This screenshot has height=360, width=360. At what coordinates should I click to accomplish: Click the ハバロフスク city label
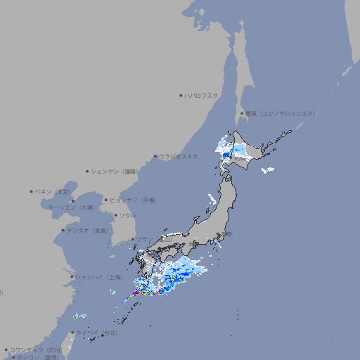point(202,96)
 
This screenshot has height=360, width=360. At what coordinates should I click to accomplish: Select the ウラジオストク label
point(179,156)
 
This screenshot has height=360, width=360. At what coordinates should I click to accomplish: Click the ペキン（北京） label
point(54,191)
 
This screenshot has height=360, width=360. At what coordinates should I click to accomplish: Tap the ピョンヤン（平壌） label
point(133,200)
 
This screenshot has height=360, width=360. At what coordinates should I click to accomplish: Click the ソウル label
point(127,215)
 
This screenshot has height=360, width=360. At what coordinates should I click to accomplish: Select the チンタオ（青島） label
point(88,230)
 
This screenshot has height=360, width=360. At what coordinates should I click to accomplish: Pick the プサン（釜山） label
point(154,239)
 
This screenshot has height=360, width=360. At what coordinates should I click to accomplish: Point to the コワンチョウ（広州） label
point(35,349)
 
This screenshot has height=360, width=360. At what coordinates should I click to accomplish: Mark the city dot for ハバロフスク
point(181,96)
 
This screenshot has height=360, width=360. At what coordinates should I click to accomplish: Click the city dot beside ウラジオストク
point(155,156)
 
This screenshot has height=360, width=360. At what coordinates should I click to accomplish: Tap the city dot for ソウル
point(115,215)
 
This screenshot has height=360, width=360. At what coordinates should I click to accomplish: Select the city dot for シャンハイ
point(72,277)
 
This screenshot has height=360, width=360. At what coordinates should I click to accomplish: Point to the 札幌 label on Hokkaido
point(240,158)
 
